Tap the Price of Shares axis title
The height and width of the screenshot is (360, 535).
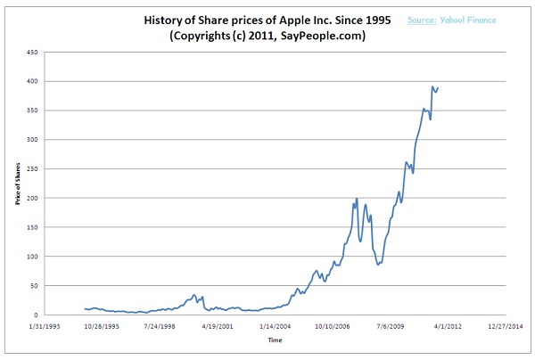coord(17,184)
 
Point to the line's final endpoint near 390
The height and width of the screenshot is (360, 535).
coord(438,87)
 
